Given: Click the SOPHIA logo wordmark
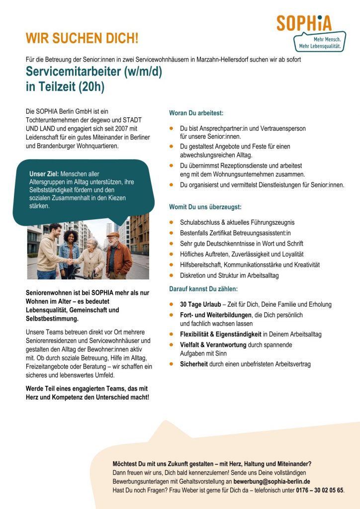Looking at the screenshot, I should click(304, 23).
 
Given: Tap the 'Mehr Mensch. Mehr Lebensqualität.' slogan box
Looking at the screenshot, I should click(320, 42).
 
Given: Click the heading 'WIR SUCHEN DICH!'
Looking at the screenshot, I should click(82, 38).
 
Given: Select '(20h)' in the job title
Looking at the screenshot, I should click(91, 87).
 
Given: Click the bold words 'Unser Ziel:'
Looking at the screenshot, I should click(44, 174).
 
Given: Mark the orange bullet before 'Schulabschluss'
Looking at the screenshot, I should click(172, 222).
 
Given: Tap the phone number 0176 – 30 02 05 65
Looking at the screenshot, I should click(318, 490).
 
